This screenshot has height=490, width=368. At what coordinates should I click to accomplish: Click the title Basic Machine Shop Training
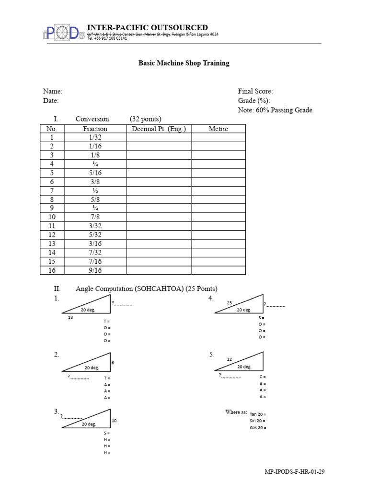click(x=184, y=63)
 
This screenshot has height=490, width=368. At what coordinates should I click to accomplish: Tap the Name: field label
click(x=53, y=91)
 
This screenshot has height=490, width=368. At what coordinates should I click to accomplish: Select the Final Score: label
click(x=255, y=91)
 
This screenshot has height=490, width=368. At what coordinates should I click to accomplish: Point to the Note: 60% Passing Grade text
click(x=275, y=110)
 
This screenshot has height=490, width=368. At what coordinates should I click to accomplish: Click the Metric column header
click(x=218, y=129)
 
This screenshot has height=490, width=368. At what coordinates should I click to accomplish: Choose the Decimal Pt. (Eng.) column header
click(x=159, y=129)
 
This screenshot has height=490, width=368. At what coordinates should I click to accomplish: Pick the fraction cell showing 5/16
click(x=95, y=173)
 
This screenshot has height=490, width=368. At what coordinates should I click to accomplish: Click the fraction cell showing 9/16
click(x=95, y=270)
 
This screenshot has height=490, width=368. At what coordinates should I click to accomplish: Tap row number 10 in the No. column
click(x=52, y=217)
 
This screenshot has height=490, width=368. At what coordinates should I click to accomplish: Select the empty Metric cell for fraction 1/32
click(x=218, y=137)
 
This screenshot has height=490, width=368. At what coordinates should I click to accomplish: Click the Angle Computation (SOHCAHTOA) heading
click(x=146, y=289)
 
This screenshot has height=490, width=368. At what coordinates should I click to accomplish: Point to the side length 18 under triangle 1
click(x=71, y=317)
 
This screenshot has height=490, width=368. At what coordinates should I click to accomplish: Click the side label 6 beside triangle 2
click(x=113, y=363)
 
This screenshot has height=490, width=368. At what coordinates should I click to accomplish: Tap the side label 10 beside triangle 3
click(x=114, y=421)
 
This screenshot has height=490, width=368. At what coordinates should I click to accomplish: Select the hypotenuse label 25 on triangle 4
click(x=230, y=303)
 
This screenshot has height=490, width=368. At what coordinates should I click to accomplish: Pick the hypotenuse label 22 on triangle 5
click(x=230, y=359)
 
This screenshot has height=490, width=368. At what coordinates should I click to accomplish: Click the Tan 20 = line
click(x=258, y=414)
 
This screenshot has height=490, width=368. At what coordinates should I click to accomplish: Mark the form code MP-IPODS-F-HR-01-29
click(x=295, y=472)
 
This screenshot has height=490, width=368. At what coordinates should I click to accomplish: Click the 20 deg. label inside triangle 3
click(x=89, y=424)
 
